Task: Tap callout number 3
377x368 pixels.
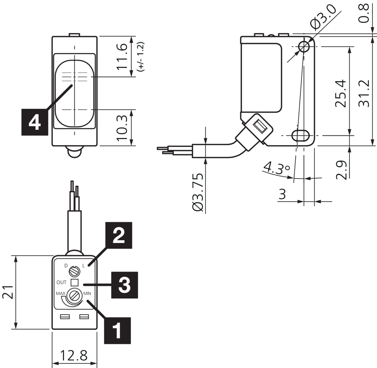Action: coord(124,285)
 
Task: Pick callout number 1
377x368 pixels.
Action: coord(117,331)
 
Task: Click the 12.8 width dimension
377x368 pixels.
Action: coord(74,355)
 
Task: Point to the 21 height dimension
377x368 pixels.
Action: coord(8,292)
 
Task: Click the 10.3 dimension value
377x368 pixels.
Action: coord(122,127)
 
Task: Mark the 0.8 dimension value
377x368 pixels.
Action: coord(364,13)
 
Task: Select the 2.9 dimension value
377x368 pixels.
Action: coord(341,170)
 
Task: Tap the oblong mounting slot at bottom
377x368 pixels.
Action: coord(300,135)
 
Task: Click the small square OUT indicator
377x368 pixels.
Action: coord(75,282)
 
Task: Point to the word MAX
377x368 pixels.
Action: coord(60,293)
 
